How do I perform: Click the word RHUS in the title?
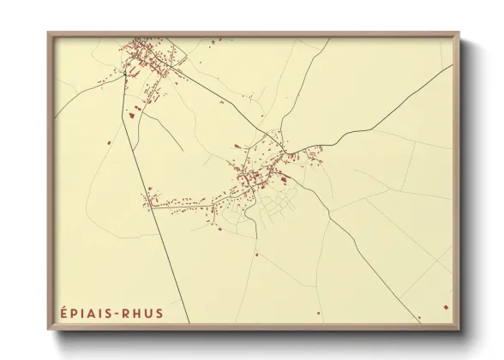142,314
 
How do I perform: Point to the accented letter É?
63,313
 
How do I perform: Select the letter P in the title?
75,314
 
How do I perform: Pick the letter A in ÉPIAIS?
93,314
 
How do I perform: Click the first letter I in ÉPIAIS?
83,314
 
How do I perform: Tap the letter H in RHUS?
137,314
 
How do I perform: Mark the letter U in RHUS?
147,314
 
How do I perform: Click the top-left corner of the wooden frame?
49,33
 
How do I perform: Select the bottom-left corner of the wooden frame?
49,330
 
